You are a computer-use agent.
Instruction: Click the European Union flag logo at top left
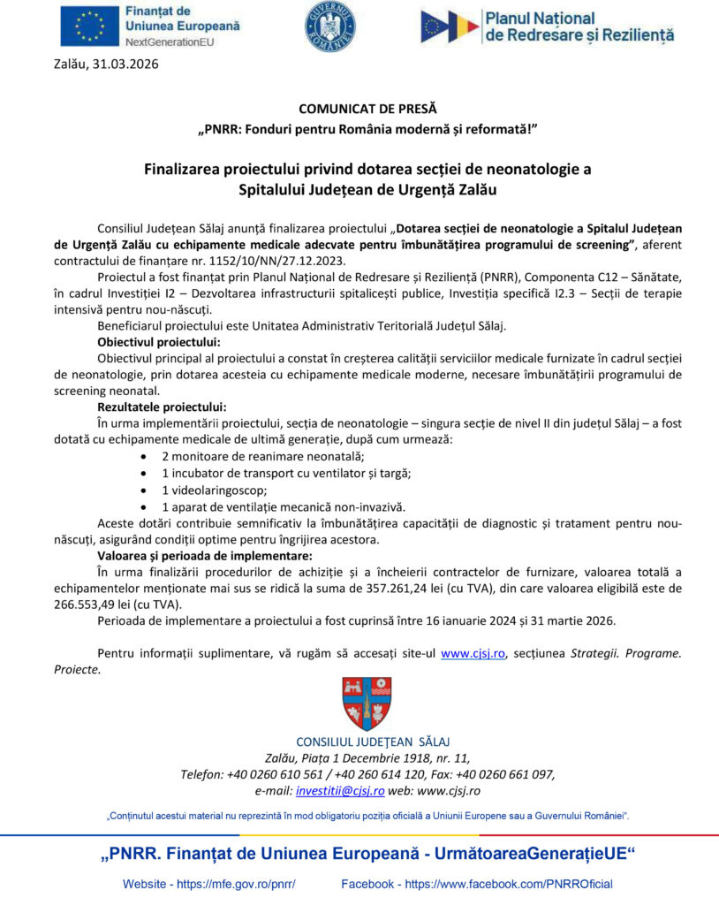pyautogui.click(x=87, y=26)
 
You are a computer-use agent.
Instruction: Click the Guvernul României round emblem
pyautogui.click(x=329, y=26)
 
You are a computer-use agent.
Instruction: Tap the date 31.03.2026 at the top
pyautogui.click(x=125, y=64)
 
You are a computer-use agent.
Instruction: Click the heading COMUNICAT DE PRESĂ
pyautogui.click(x=367, y=110)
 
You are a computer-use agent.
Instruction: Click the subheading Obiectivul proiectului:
pyautogui.click(x=159, y=342)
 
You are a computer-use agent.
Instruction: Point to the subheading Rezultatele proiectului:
pyautogui.click(x=162, y=407)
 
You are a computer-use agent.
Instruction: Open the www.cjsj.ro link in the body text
pyautogui.click(x=473, y=654)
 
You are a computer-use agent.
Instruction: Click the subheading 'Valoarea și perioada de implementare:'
pyautogui.click(x=204, y=556)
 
